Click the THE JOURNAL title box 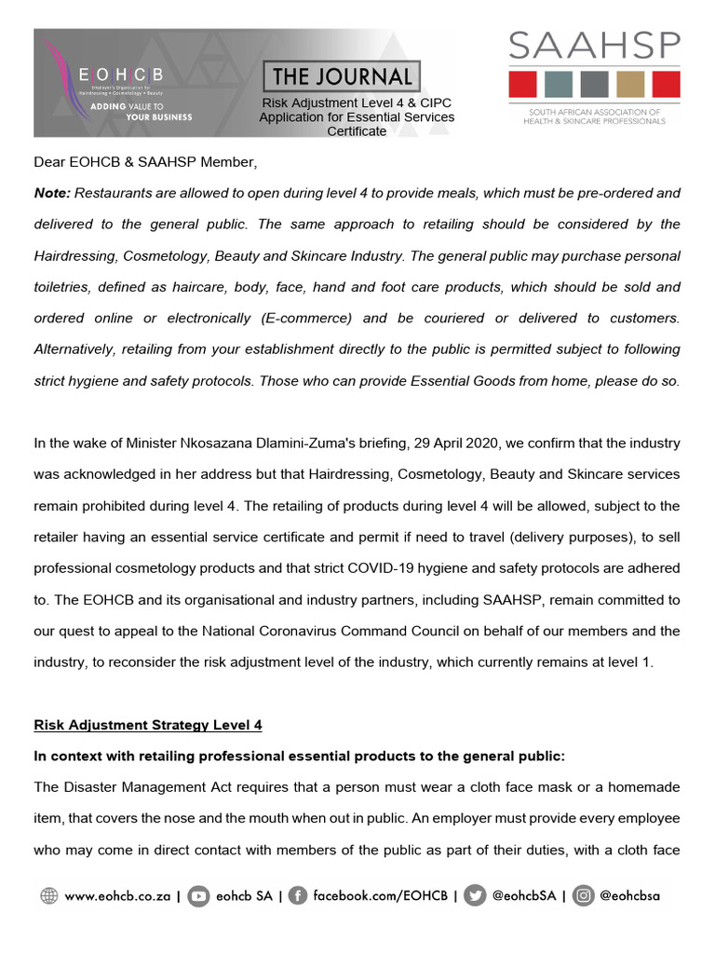[342, 76]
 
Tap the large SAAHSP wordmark [594, 47]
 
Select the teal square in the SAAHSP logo [559, 84]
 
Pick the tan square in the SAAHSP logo [630, 84]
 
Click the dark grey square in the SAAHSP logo [594, 84]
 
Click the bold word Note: [52, 193]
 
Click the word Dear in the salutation [50, 162]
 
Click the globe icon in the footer [49, 896]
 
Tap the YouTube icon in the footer [198, 896]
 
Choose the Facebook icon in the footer [298, 896]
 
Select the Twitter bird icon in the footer [477, 896]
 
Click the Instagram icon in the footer [584, 896]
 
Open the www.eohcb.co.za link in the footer [117, 896]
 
